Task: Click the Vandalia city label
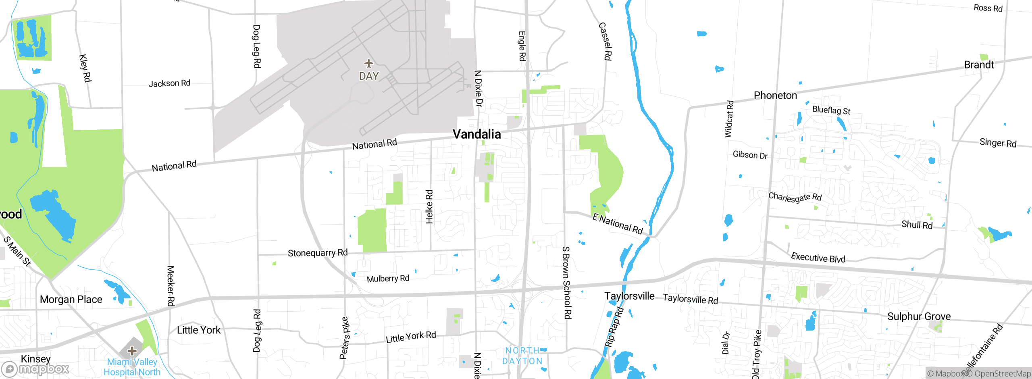pyautogui.click(x=476, y=134)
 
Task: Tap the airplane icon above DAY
pyautogui.click(x=368, y=63)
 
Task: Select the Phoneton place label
pyautogui.click(x=775, y=96)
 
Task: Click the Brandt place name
pyautogui.click(x=979, y=65)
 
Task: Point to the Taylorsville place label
pyautogui.click(x=629, y=296)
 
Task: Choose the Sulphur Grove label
pyautogui.click(x=919, y=317)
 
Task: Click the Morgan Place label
pyautogui.click(x=71, y=300)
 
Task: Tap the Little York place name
pyautogui.click(x=199, y=330)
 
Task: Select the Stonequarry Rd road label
pyautogui.click(x=318, y=253)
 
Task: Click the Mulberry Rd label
pyautogui.click(x=388, y=279)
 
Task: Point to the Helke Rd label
pyautogui.click(x=429, y=207)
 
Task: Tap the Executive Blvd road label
pyautogui.click(x=818, y=258)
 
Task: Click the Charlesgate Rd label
pyautogui.click(x=795, y=197)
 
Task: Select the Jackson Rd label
pyautogui.click(x=169, y=83)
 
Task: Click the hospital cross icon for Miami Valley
pyautogui.click(x=132, y=351)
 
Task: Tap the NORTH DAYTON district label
pyautogui.click(x=522, y=356)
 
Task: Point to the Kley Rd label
pyautogui.click(x=85, y=68)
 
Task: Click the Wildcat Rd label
pyautogui.click(x=729, y=119)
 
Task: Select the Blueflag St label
pyautogui.click(x=831, y=110)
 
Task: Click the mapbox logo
pyautogui.click(x=35, y=369)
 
